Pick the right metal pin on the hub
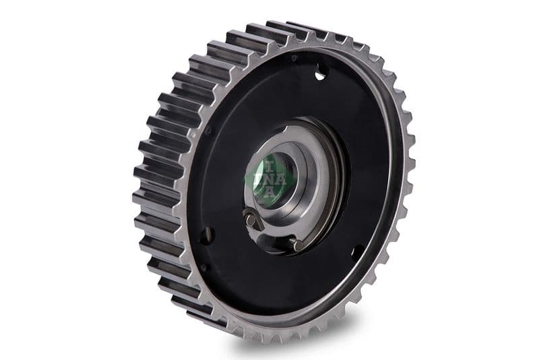pyautogui.click(x=297, y=245)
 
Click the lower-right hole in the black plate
pyautogui.click(x=357, y=253)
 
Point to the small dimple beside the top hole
pyautogui.click(x=294, y=59)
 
